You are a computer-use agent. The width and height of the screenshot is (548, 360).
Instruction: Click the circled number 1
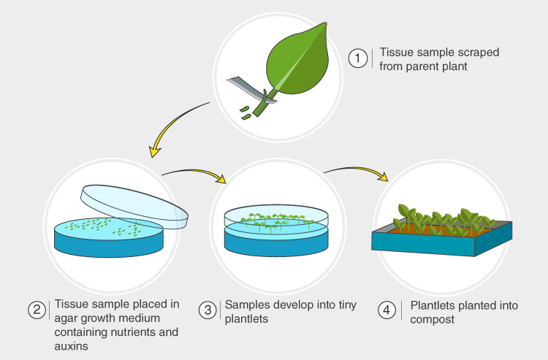pyautogui.click(x=358, y=58)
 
